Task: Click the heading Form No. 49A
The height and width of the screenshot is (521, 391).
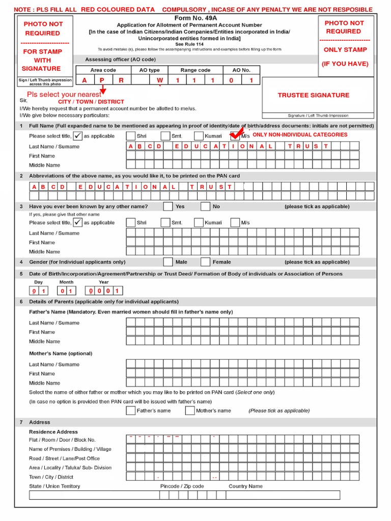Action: [189, 18]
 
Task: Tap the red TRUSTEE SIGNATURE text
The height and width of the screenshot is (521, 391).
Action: [313, 95]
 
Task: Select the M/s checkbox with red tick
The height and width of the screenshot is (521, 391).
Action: [235, 136]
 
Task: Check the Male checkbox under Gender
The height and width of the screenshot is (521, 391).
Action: [168, 262]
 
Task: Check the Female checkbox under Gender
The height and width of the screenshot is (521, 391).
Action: [205, 262]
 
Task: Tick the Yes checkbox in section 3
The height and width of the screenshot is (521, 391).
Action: [168, 207]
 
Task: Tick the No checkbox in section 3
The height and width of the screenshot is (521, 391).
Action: [205, 207]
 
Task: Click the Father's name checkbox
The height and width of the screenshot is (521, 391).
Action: [131, 411]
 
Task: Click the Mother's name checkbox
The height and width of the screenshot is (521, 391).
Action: [190, 411]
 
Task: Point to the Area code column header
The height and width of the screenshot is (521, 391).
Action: [103, 70]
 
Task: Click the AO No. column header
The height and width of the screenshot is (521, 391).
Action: [241, 70]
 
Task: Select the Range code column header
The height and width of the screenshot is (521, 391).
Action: [195, 70]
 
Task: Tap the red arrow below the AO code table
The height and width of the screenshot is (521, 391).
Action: [103, 90]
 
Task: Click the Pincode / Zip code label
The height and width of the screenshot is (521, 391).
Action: [182, 486]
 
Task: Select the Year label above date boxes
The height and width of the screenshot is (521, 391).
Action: [104, 282]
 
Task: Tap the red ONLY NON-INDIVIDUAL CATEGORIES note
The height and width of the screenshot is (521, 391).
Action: [300, 135]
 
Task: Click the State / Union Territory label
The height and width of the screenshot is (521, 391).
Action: [54, 486]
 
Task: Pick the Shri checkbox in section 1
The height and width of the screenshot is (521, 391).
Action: [131, 136]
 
